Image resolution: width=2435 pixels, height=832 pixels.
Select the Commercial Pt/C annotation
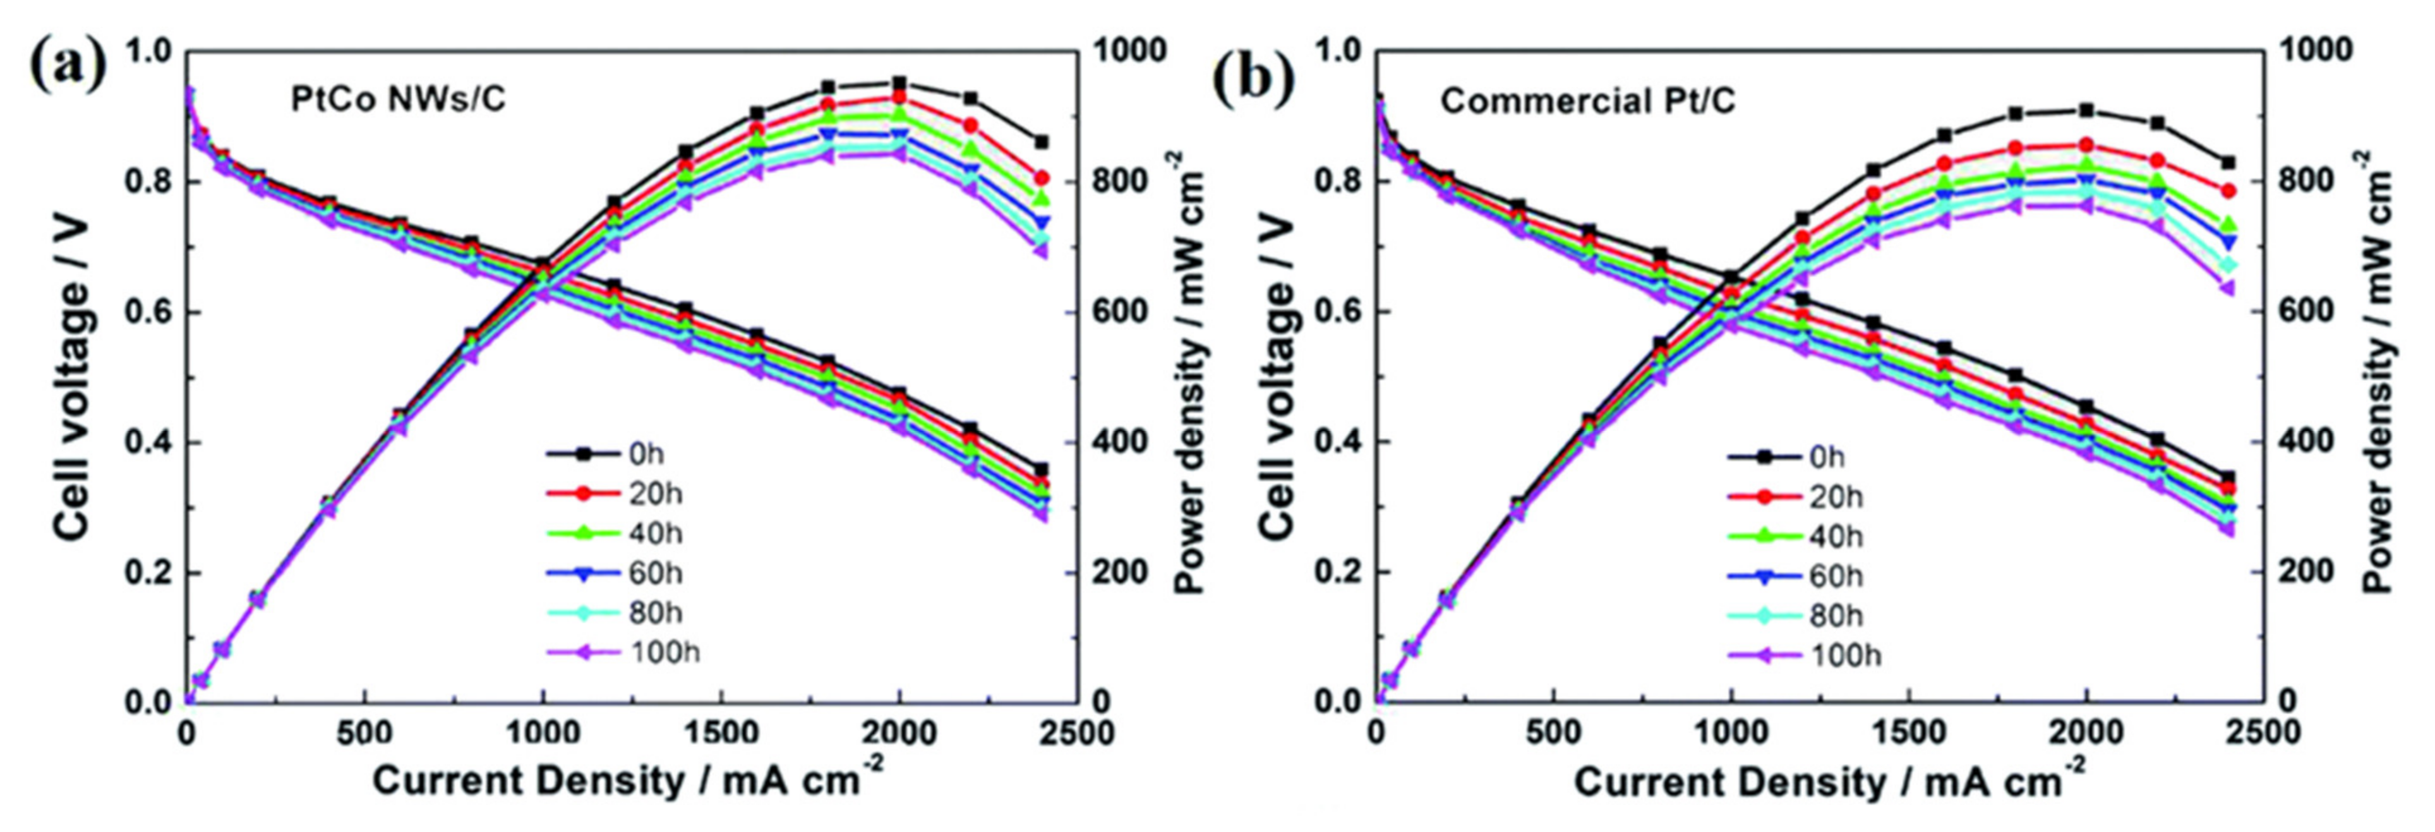[x=1587, y=101]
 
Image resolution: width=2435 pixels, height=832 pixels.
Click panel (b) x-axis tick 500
[x=1554, y=733]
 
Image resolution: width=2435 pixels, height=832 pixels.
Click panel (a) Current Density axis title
[x=628, y=781]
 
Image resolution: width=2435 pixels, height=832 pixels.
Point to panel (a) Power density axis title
[x=1193, y=378]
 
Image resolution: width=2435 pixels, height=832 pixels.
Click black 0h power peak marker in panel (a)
[x=899, y=83]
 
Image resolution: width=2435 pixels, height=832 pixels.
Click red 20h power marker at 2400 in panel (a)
[x=1042, y=178]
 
